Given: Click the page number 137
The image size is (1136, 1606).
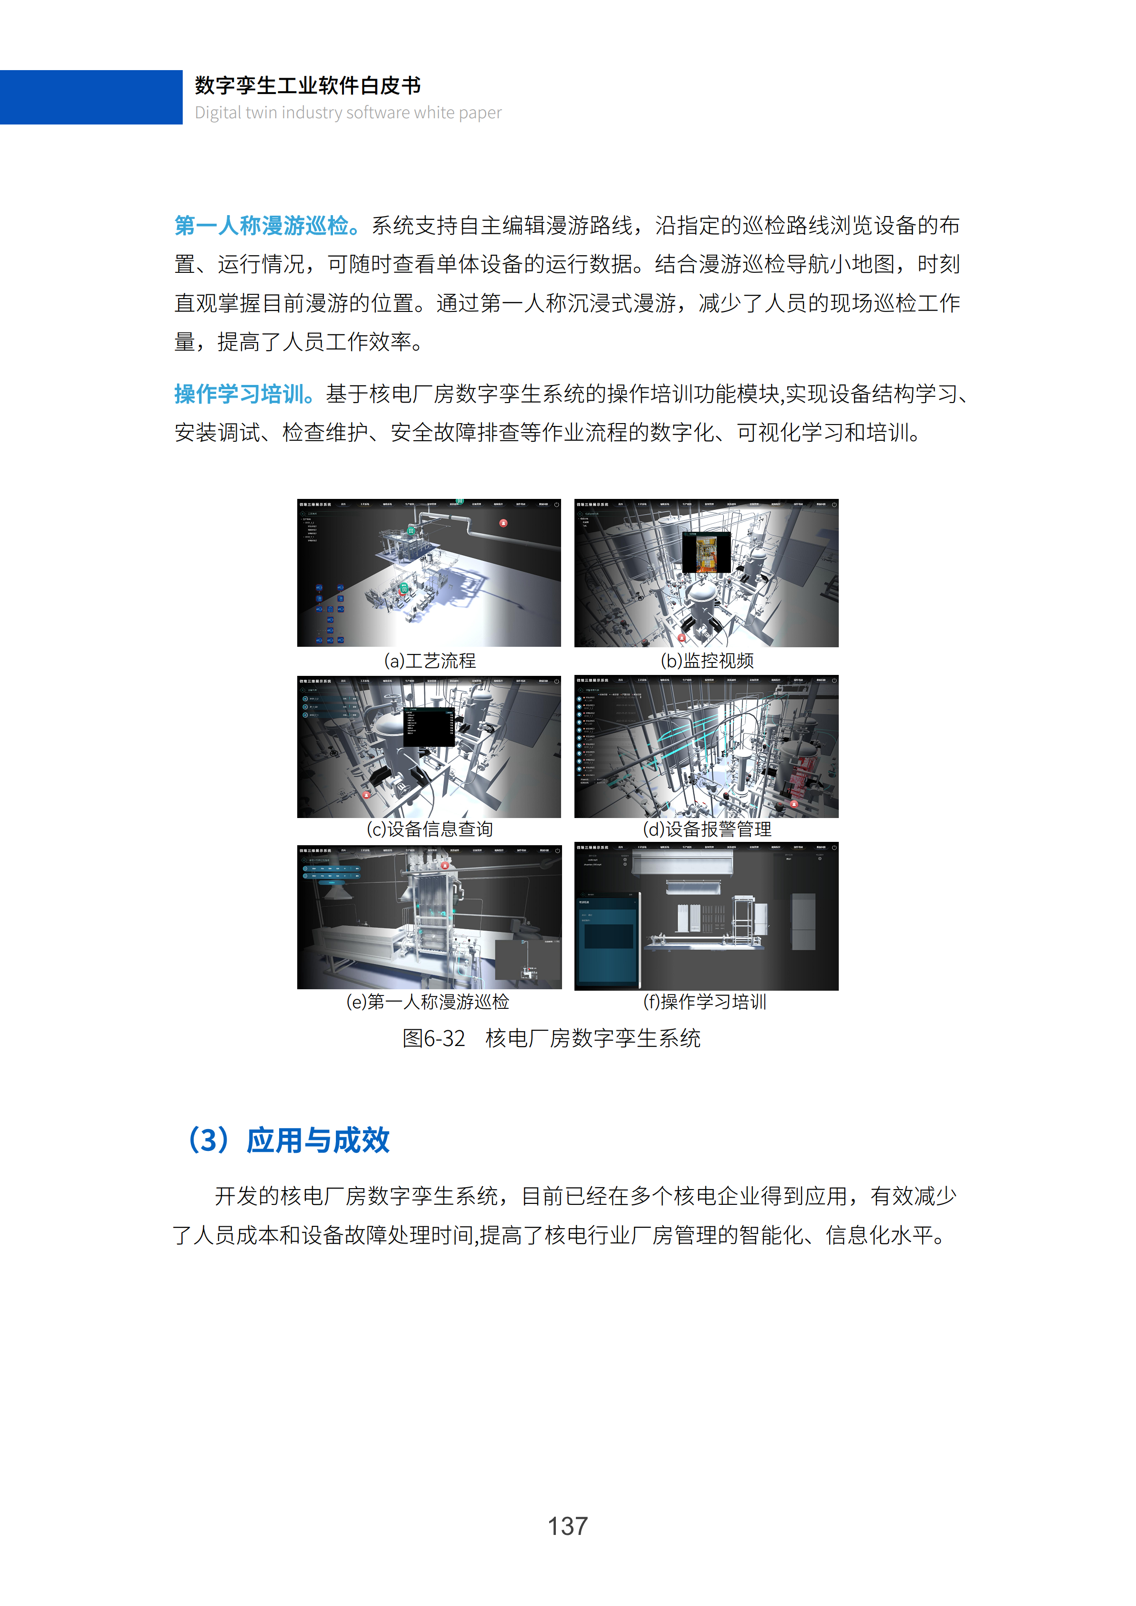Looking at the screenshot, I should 567,1525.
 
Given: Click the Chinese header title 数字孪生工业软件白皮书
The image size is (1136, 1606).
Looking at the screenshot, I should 308,85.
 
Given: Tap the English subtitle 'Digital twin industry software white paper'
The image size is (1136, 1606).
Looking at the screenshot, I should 348,113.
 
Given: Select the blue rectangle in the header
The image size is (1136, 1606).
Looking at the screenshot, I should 91,97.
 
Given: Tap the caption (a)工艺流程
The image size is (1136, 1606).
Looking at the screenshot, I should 429,661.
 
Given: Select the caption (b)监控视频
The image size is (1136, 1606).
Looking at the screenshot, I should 707,661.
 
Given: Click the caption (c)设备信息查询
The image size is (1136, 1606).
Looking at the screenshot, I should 429,829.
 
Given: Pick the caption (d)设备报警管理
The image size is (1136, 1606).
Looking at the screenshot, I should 707,829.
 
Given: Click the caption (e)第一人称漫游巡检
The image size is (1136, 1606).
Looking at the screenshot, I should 427,1002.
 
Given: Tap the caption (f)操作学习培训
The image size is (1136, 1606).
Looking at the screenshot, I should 704,1002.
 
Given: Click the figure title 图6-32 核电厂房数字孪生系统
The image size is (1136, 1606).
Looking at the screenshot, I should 551,1038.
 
